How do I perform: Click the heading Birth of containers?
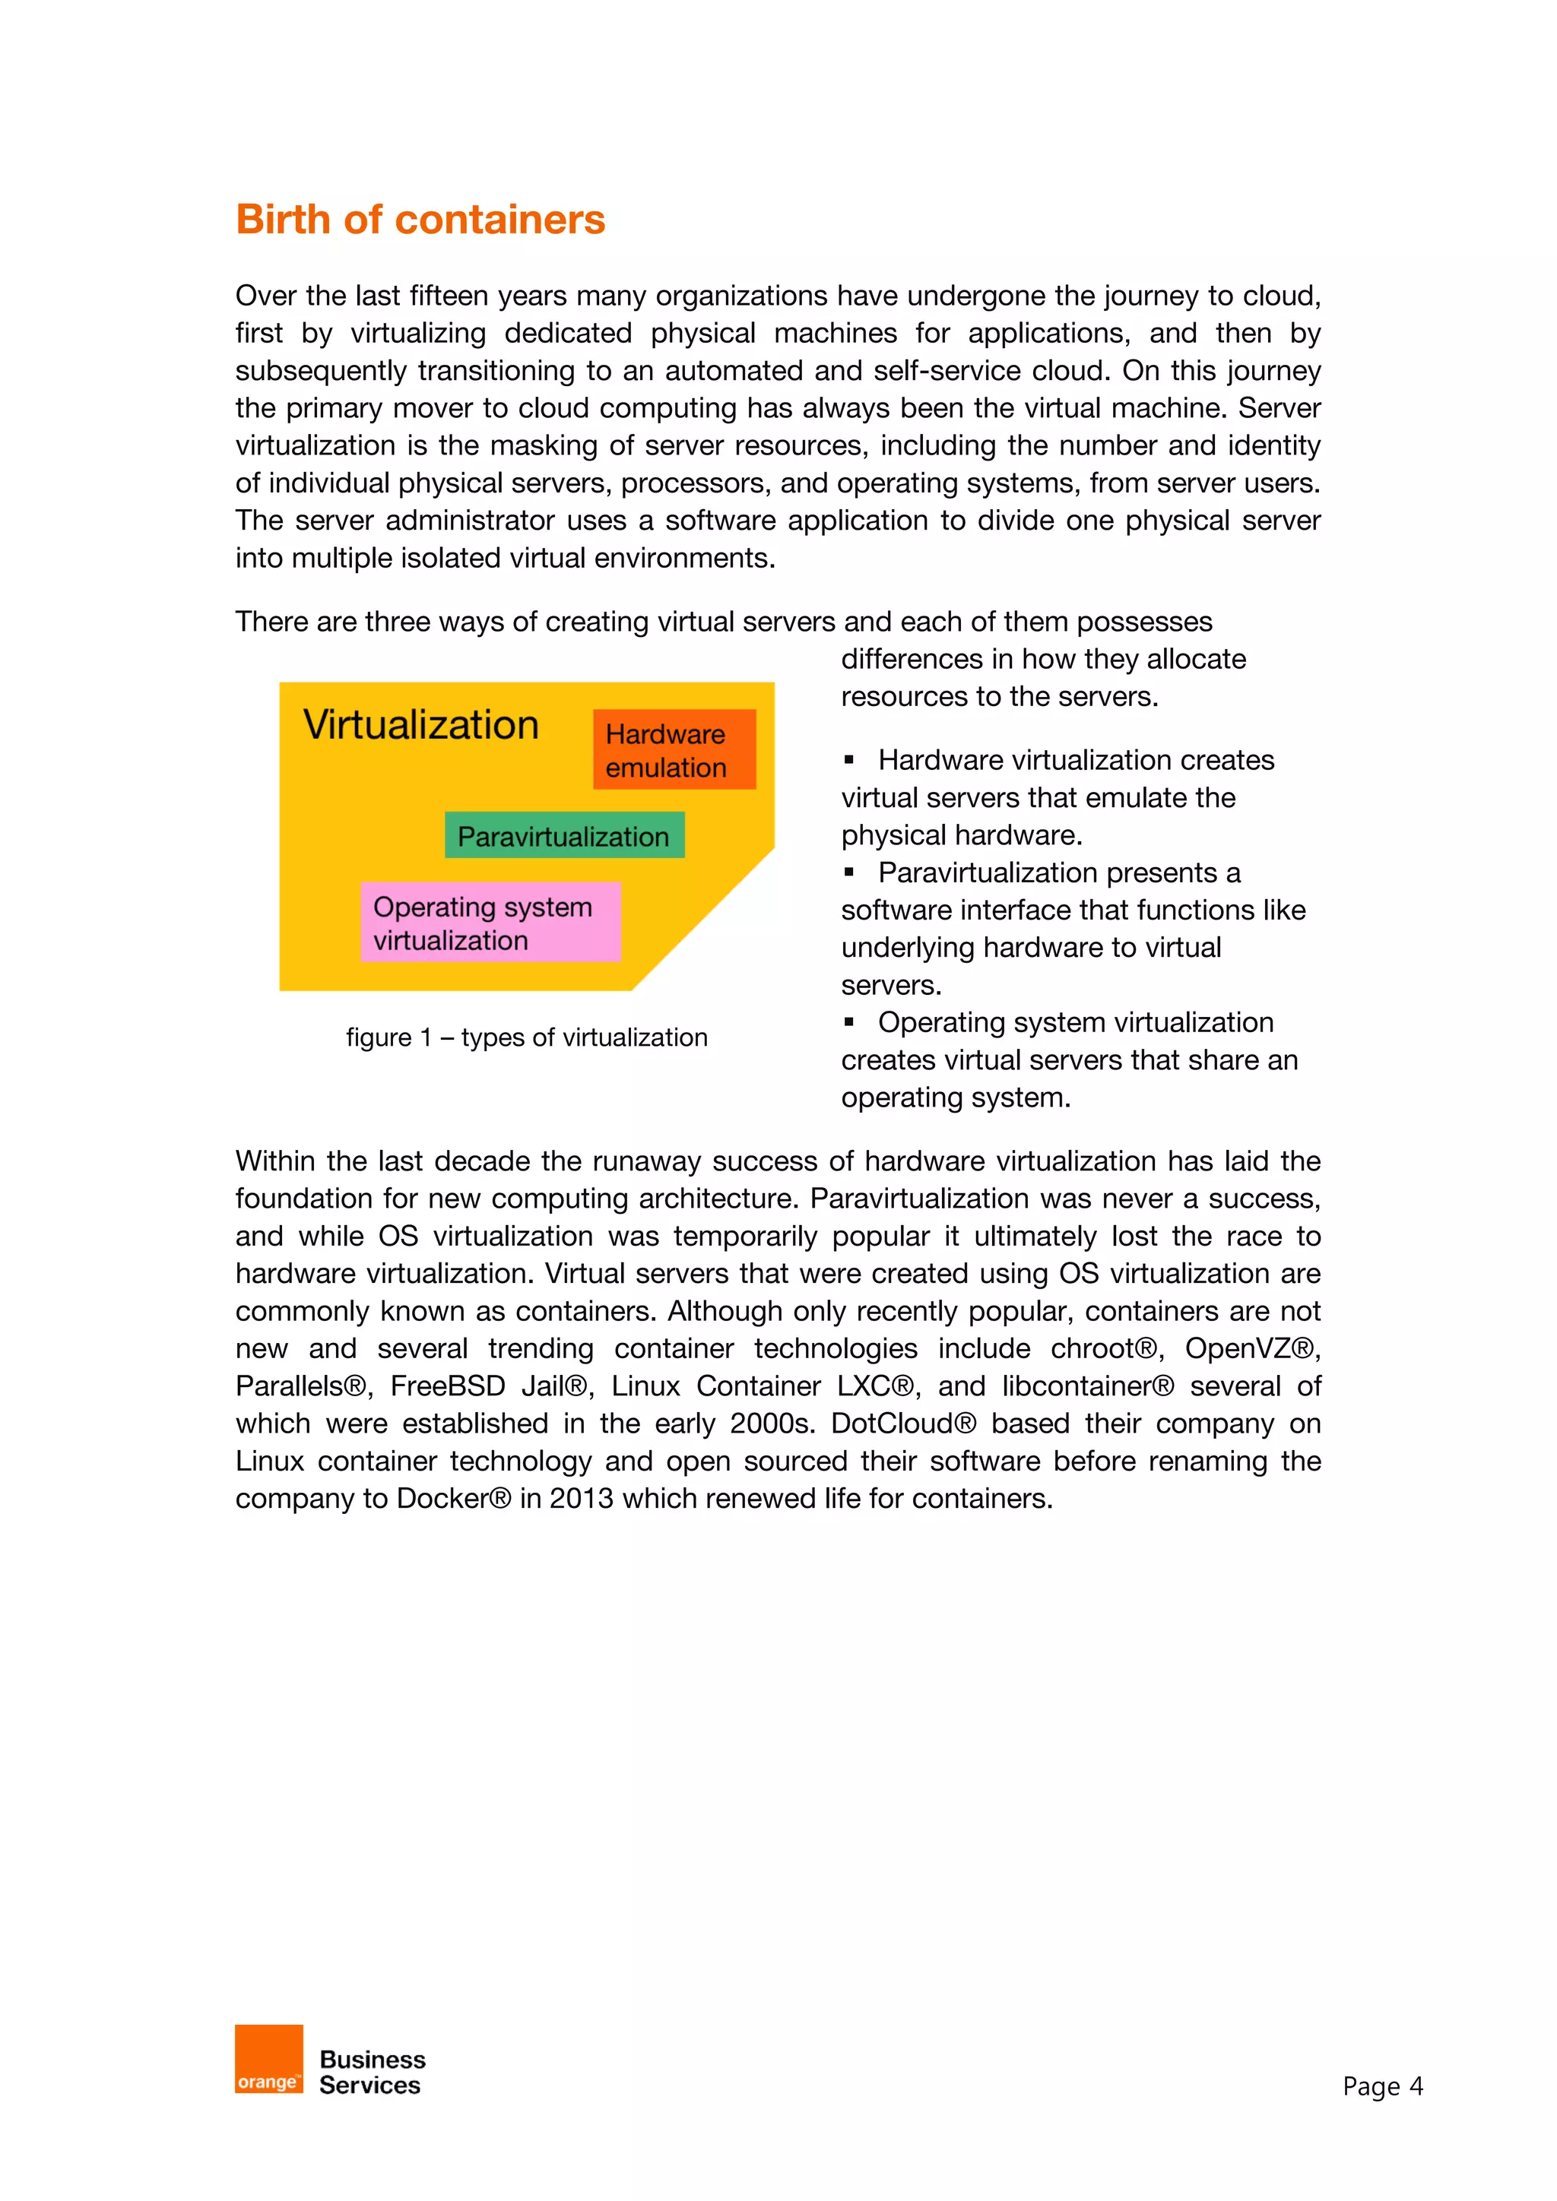click(x=420, y=220)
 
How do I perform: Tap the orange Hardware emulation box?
click(x=674, y=749)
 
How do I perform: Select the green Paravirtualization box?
click(x=564, y=835)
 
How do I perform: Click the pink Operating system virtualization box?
click(x=490, y=922)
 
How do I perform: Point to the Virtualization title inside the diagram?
click(x=421, y=725)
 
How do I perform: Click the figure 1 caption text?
click(x=526, y=1037)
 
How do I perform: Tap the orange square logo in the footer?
click(x=268, y=2059)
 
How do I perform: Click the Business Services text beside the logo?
click(x=372, y=2073)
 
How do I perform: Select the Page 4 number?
click(x=1381, y=2086)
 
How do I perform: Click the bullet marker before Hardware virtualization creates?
click(x=848, y=760)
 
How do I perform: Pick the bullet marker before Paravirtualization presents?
click(x=848, y=872)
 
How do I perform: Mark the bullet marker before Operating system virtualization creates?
click(x=848, y=1022)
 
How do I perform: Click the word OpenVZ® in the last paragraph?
click(x=1251, y=1349)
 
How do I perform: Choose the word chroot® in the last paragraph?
click(x=1105, y=1349)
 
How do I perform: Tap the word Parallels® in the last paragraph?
click(x=302, y=1386)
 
